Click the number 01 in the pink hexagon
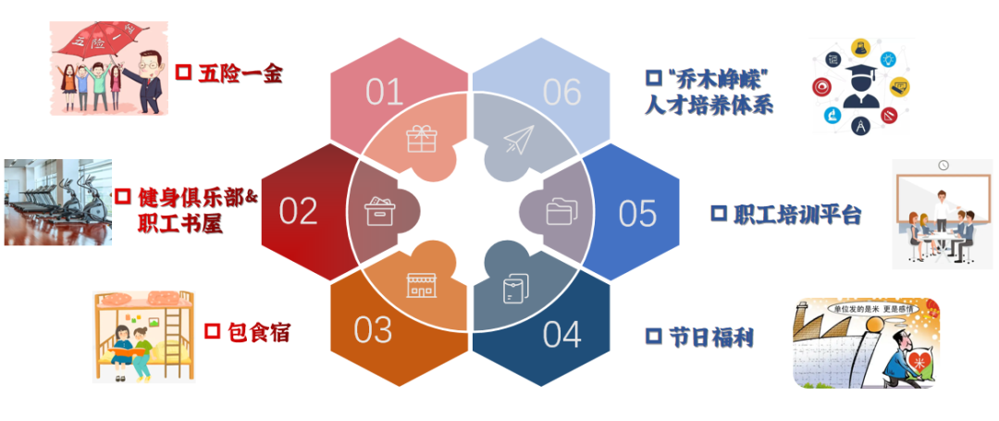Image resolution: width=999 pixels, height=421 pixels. [385, 92]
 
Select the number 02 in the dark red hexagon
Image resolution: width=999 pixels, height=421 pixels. [299, 211]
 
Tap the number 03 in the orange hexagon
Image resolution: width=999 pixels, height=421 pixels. [374, 330]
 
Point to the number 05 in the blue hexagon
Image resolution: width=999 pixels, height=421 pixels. [637, 213]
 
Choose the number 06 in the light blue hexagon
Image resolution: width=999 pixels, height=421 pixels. [562, 92]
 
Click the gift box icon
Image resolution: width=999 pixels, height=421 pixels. [422, 139]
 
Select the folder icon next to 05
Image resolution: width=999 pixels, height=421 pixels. [560, 212]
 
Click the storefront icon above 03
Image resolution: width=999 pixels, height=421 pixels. [422, 285]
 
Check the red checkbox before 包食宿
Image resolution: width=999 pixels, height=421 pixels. [212, 330]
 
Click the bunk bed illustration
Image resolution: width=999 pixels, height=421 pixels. [143, 335]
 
